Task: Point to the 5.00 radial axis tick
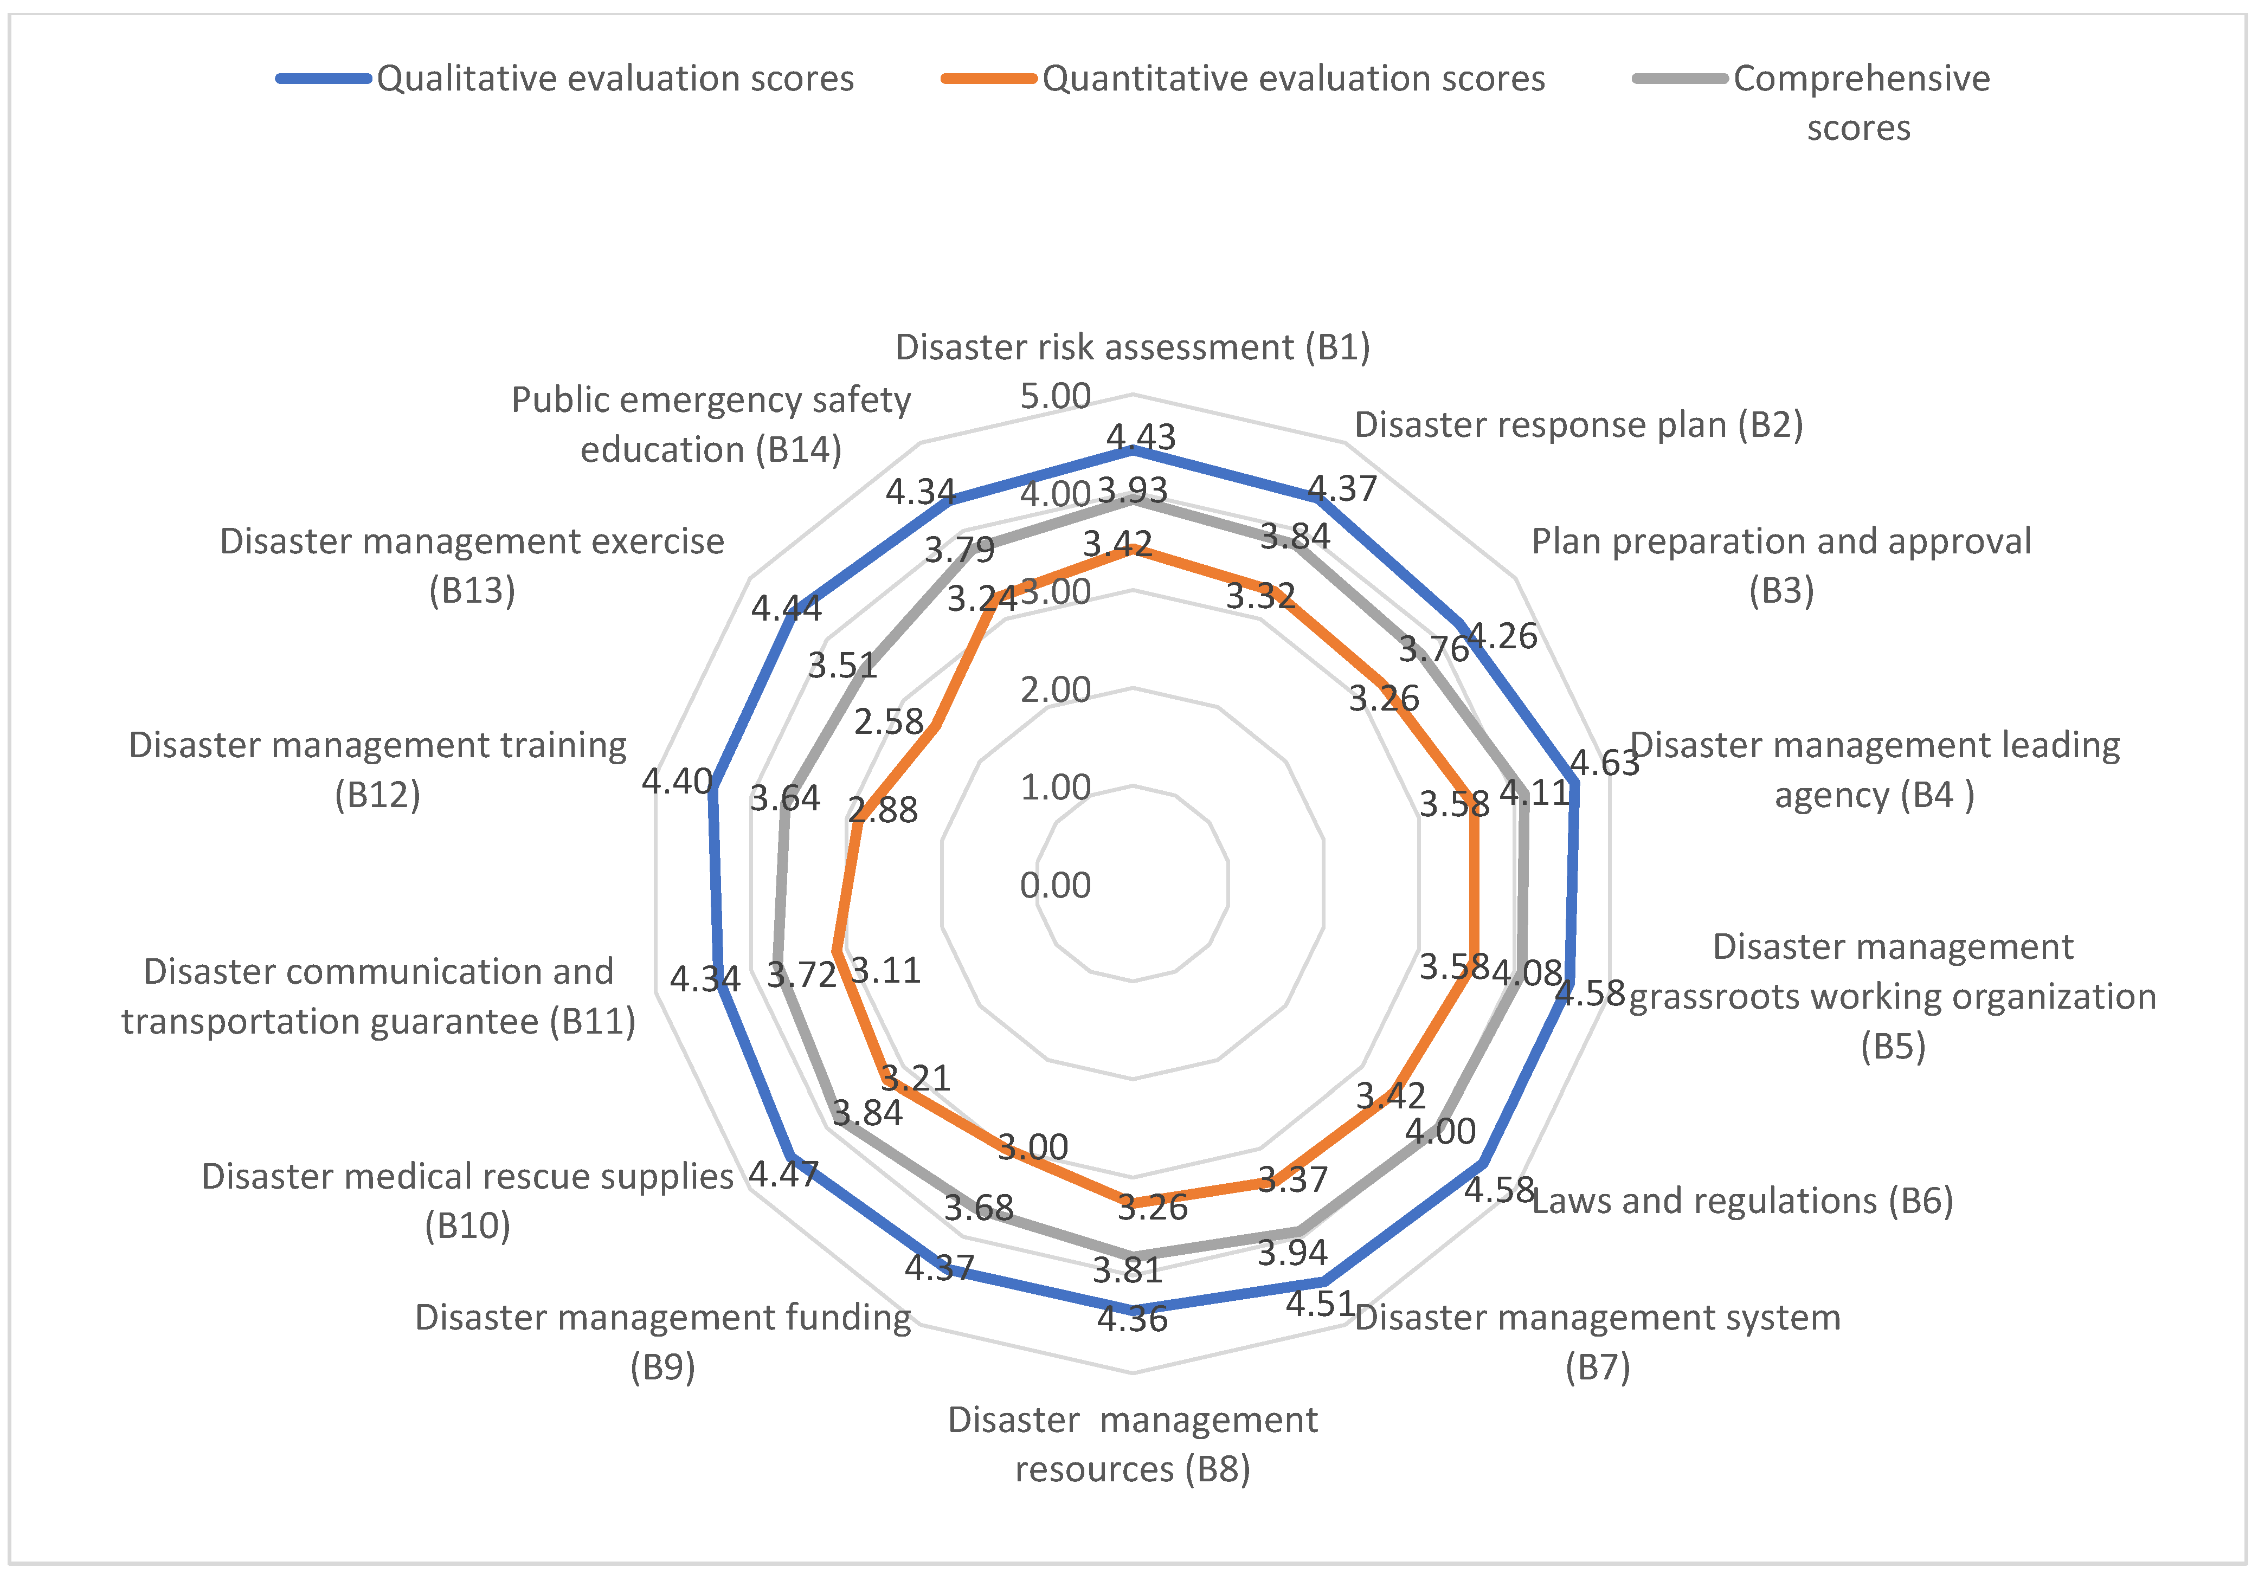[x=1055, y=396]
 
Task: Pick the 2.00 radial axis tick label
[x=1055, y=690]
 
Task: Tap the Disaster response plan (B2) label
[x=1579, y=425]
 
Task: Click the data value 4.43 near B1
[x=1141, y=436]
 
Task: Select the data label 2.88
[x=883, y=810]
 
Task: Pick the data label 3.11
[x=885, y=970]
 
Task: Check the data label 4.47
[x=784, y=1173]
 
